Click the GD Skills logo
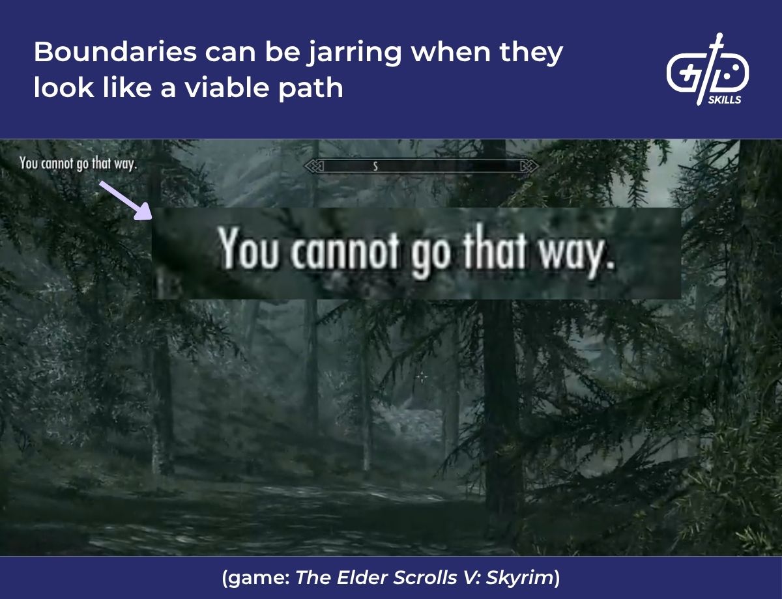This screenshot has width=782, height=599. click(707, 68)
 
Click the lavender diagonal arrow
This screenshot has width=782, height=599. click(124, 199)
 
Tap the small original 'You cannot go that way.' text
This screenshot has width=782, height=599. click(78, 163)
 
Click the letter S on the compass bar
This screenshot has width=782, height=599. click(375, 167)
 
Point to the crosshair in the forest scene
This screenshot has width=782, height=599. click(422, 376)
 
